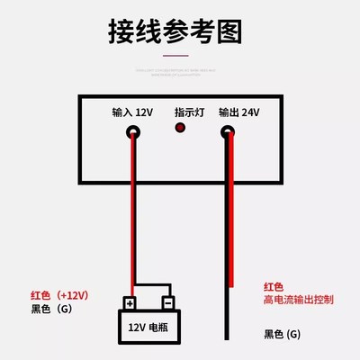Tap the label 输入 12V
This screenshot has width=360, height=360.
(132, 112)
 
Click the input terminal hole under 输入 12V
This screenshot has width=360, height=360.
(133, 132)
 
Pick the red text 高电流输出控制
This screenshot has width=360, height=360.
(298, 298)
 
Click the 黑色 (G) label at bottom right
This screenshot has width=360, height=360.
(284, 334)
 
